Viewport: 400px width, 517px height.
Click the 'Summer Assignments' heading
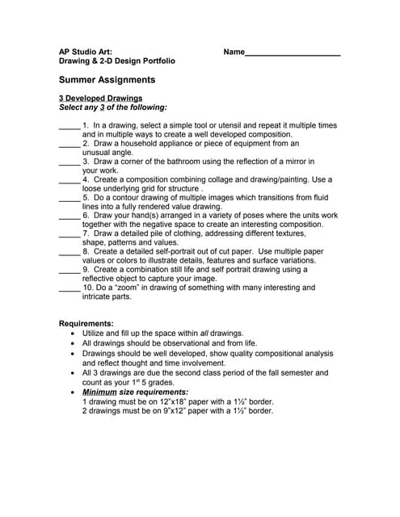click(x=107, y=80)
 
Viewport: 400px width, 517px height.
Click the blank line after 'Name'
click(x=293, y=53)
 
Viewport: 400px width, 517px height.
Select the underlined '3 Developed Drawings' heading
click(x=101, y=98)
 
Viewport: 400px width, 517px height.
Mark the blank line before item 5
click(x=69, y=198)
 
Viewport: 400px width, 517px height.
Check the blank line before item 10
click(x=69, y=288)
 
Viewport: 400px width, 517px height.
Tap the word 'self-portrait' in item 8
click(x=182, y=252)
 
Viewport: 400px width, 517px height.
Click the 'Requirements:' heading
click(x=86, y=323)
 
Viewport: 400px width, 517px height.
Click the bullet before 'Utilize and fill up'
click(x=74, y=333)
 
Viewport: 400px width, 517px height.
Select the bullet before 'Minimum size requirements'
click(x=74, y=392)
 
